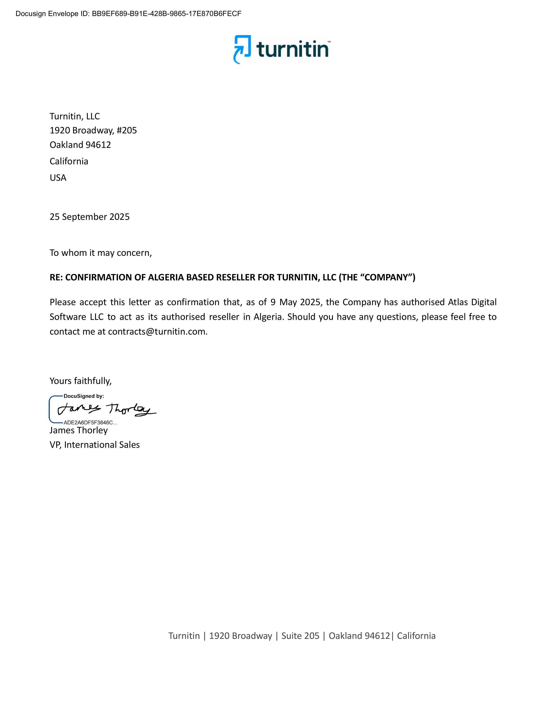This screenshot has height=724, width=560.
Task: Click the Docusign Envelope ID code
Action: click(166, 14)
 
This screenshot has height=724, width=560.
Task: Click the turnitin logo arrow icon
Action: click(242, 49)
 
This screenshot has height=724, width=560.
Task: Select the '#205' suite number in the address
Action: click(127, 130)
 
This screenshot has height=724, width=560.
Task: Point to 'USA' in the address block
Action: click(58, 178)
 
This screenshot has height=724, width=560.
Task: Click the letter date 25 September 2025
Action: click(90, 217)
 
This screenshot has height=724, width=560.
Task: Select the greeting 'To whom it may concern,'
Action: click(101, 253)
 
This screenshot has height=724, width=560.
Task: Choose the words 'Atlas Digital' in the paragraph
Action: click(472, 302)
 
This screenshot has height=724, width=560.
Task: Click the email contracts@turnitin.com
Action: click(157, 332)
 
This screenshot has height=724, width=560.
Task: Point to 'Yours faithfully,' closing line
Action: click(81, 381)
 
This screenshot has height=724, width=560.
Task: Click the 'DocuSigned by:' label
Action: click(84, 396)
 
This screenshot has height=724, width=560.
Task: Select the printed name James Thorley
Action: click(79, 430)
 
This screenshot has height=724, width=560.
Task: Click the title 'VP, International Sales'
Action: click(95, 445)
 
